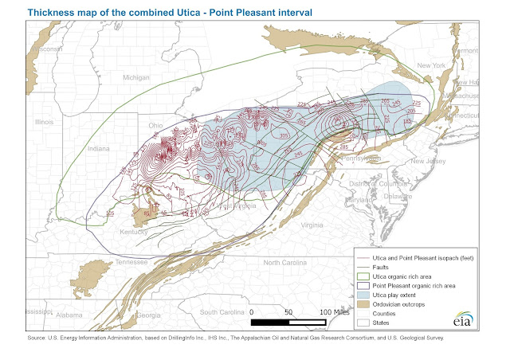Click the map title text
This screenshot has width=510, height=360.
pyautogui.click(x=160, y=12)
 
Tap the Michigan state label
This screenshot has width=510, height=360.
pyautogui.click(x=136, y=77)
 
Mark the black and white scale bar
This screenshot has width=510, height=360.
pyautogui.click(x=290, y=323)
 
